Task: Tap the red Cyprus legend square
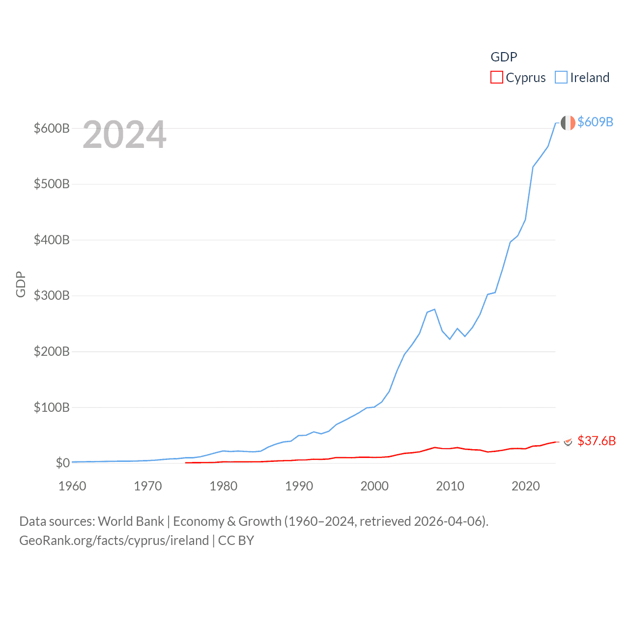pyautogui.click(x=497, y=78)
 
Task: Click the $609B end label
pyautogui.click(x=595, y=122)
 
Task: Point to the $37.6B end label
pyautogui.click(x=597, y=441)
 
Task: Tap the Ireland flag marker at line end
pyautogui.click(x=568, y=123)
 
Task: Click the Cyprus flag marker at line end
pyautogui.click(x=568, y=442)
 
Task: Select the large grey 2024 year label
pyautogui.click(x=125, y=135)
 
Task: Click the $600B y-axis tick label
pyautogui.click(x=52, y=128)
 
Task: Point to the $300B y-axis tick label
pyautogui.click(x=52, y=296)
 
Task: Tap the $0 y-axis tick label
pyautogui.click(x=62, y=463)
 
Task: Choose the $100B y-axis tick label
pyautogui.click(x=52, y=407)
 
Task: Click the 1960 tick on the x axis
pyautogui.click(x=72, y=486)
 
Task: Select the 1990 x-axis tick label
pyautogui.click(x=299, y=486)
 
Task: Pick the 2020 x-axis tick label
pyautogui.click(x=525, y=486)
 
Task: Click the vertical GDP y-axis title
pyautogui.click(x=21, y=285)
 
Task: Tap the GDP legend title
pyautogui.click(x=504, y=57)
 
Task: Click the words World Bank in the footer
pyautogui.click(x=131, y=521)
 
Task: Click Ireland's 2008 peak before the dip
pyautogui.click(x=434, y=309)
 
